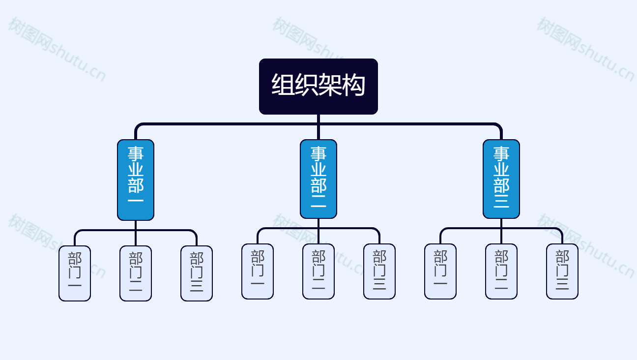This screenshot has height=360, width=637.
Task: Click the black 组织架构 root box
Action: pyautogui.click(x=318, y=87)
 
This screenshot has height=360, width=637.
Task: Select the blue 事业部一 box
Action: pyautogui.click(x=136, y=180)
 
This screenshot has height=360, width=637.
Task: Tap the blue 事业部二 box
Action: pyautogui.click(x=318, y=179)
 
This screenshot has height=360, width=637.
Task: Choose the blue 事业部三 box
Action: pyautogui.click(x=501, y=179)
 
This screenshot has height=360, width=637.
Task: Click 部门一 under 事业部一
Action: pyautogui.click(x=75, y=273)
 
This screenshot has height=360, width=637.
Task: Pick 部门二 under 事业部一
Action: pyautogui.click(x=136, y=273)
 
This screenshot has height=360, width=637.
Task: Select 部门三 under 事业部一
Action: pyautogui.click(x=197, y=273)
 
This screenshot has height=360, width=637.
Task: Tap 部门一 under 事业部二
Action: pyautogui.click(x=258, y=271)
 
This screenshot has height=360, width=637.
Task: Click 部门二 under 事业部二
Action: pyautogui.click(x=318, y=271)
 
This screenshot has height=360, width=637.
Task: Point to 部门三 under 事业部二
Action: pyautogui.click(x=379, y=271)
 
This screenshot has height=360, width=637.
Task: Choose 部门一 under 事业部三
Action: pyautogui.click(x=440, y=271)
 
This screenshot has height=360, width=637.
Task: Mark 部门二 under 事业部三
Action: pyautogui.click(x=501, y=271)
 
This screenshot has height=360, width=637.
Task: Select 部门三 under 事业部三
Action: pyautogui.click(x=562, y=271)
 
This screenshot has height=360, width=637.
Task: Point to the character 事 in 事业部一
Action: pyautogui.click(x=136, y=154)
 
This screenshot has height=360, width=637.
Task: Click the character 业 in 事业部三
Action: pyautogui.click(x=501, y=169)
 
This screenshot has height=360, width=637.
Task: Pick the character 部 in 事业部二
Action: pyautogui.click(x=318, y=185)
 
